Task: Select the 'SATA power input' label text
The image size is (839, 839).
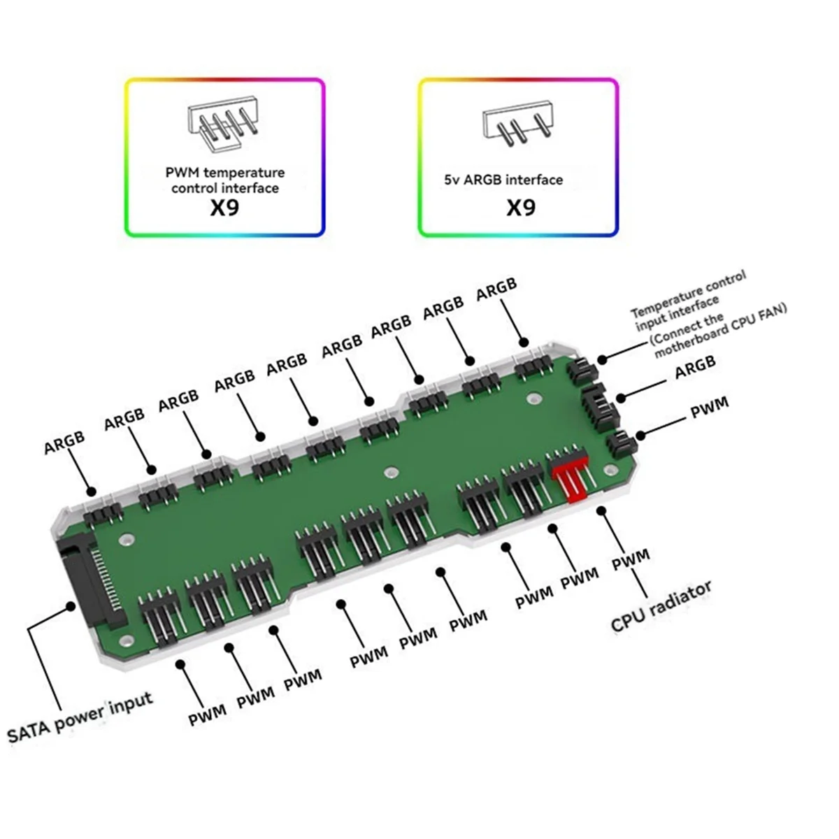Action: pyautogui.click(x=80, y=717)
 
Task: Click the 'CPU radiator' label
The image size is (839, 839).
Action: pyautogui.click(x=661, y=605)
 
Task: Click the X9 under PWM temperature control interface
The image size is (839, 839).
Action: pyautogui.click(x=224, y=208)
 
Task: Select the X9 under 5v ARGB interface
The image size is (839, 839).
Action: pyautogui.click(x=520, y=208)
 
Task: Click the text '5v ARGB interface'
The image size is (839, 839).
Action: pyautogui.click(x=503, y=180)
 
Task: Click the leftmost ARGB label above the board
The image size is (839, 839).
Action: pyautogui.click(x=64, y=442)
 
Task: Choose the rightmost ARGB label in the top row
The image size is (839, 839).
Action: pyautogui.click(x=496, y=289)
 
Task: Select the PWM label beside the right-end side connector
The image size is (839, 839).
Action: pyautogui.click(x=709, y=408)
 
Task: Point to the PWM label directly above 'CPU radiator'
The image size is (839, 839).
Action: pyautogui.click(x=631, y=559)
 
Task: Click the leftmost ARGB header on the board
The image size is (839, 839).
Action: pyautogui.click(x=103, y=514)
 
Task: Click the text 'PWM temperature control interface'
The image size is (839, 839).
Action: pyautogui.click(x=224, y=180)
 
